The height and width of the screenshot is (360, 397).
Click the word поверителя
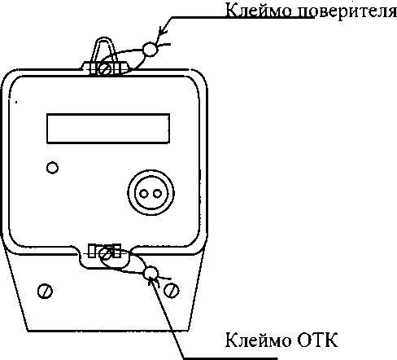click(347, 12)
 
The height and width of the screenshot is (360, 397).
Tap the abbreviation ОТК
click(318, 340)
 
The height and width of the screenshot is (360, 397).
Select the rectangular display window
click(108, 129)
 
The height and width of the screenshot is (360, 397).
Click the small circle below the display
click(52, 168)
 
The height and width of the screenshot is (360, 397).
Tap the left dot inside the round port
click(144, 194)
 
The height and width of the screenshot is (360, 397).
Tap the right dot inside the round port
click(157, 194)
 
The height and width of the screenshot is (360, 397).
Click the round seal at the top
click(150, 49)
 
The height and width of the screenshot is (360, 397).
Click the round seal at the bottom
click(151, 273)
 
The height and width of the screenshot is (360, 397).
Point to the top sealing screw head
click(105, 68)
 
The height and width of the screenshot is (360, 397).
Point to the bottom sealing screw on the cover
click(105, 254)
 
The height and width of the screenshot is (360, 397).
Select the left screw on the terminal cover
click(45, 291)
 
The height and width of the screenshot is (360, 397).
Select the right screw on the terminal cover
click(172, 290)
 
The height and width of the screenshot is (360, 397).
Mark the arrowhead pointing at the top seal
click(162, 32)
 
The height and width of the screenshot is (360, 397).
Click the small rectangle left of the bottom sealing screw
click(92, 251)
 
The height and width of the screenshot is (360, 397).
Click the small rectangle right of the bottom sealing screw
click(117, 251)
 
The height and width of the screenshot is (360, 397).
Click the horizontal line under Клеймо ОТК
click(231, 358)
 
